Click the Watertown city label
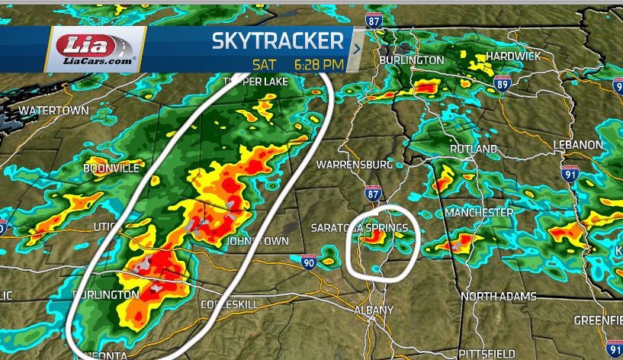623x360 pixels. click(53, 111)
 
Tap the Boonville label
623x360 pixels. click(111, 168)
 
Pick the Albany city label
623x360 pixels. click(374, 310)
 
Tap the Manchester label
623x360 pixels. click(479, 211)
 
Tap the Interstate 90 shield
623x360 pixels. click(309, 262)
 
